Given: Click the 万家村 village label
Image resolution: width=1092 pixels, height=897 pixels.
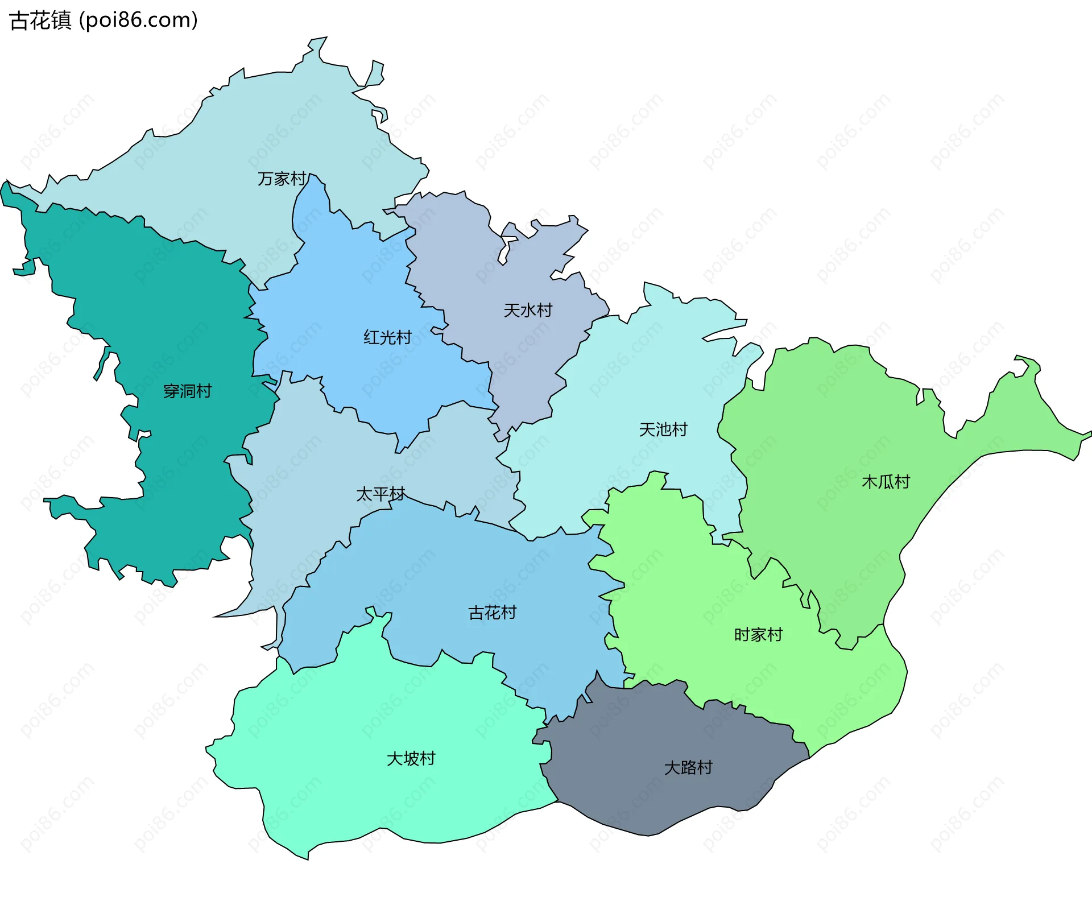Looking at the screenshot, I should point(282,179).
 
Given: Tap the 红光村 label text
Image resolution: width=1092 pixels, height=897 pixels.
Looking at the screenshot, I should point(387,337).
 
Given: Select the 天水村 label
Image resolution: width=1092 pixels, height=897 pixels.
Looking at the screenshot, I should point(528,311).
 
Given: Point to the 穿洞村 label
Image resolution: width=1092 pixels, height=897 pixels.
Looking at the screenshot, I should point(187,391).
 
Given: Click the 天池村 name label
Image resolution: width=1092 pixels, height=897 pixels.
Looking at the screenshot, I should point(663,429).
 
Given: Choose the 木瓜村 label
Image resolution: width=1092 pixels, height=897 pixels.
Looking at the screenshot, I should point(886,482).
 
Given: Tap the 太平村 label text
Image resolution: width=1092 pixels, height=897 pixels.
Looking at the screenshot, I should point(380,494).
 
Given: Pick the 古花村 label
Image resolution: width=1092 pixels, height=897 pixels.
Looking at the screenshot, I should point(492,613).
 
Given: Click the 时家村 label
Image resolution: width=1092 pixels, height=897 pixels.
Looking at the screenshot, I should point(758,635).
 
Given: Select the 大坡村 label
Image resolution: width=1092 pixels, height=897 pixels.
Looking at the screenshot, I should point(411,759).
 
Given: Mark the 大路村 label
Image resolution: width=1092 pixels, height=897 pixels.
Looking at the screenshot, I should point(688,768).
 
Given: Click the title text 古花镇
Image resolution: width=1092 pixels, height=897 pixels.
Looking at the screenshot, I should point(40,20).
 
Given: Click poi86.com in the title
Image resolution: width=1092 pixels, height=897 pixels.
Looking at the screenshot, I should point(139,20).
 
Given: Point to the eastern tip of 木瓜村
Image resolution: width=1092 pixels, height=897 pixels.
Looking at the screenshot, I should point(1090,433).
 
